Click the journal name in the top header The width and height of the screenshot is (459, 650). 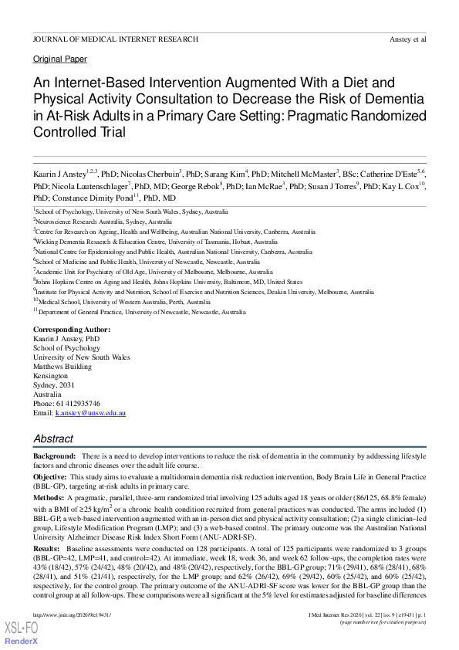click(115, 39)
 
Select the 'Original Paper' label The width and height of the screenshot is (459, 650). click(60, 59)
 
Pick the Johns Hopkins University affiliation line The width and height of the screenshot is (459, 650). click(170, 283)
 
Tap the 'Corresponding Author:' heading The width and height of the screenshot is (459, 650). click(72, 330)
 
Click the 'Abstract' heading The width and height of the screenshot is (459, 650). click(53, 438)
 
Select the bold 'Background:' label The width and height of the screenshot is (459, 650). click(54, 457)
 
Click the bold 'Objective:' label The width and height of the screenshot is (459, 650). click(50, 479)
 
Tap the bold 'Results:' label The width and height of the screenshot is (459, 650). click(47, 547)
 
